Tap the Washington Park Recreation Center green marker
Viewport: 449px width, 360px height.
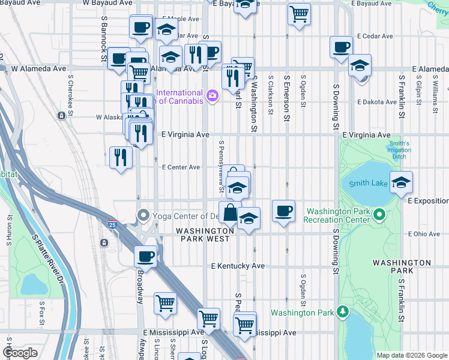point(379,214)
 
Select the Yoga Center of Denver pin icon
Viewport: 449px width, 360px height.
point(143,215)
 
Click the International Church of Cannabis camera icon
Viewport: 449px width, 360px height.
point(212,95)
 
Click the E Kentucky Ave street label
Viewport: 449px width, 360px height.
point(238,266)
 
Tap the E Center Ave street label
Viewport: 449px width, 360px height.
point(181,167)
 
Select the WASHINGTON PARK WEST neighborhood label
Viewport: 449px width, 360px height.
point(205,235)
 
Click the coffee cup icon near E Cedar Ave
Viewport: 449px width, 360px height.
point(341,46)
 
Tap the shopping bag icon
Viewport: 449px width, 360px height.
point(231,212)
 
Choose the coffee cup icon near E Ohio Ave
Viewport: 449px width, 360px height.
point(283,211)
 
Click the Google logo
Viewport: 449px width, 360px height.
point(20,353)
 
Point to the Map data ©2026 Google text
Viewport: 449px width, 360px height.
point(412,355)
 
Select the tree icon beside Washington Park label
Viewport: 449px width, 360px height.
point(343,311)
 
